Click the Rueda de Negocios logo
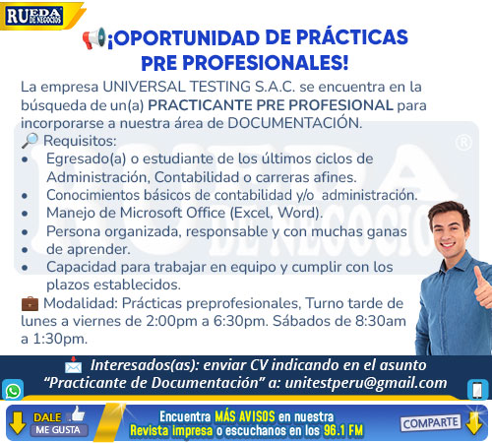[x=34, y=16]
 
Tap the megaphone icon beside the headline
[x=94, y=37]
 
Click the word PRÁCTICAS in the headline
[x=352, y=36]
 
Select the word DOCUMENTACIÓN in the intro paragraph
[x=294, y=123]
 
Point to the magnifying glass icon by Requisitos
[x=30, y=141]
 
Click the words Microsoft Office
[x=172, y=213]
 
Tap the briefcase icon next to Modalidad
[x=30, y=303]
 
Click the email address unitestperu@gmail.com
[x=366, y=383]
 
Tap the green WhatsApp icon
[x=13, y=390]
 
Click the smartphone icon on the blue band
[x=477, y=390]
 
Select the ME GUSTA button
[x=58, y=430]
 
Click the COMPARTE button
[x=430, y=423]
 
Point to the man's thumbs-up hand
[x=482, y=285]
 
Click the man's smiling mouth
[x=448, y=245]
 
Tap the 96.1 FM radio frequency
[x=343, y=430]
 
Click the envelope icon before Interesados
[x=73, y=365]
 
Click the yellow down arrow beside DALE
[x=18, y=423]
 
